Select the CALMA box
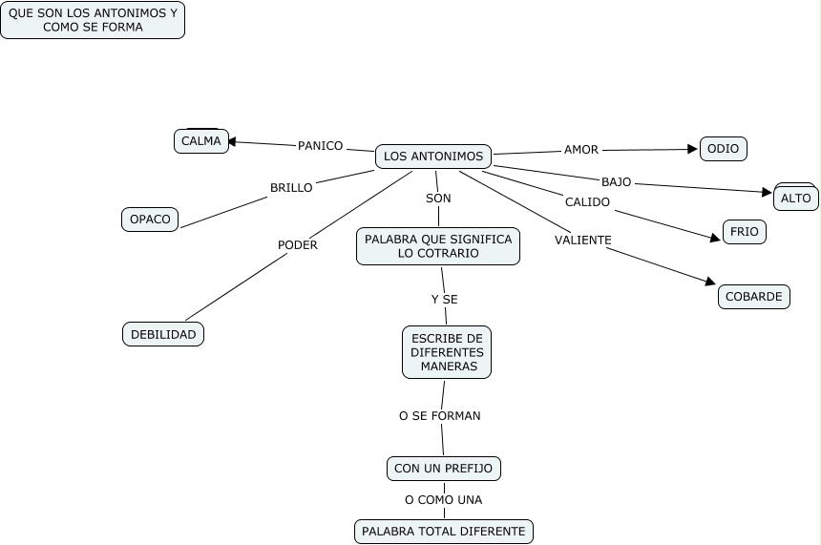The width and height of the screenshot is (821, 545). tap(200, 141)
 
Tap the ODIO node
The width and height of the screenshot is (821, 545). tap(724, 149)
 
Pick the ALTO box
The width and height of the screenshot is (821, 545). tap(795, 199)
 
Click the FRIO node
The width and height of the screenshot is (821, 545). tap(745, 232)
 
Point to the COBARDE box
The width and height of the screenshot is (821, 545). tap(753, 297)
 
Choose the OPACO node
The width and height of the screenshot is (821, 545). tap(150, 220)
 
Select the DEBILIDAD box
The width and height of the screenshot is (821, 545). tap(163, 334)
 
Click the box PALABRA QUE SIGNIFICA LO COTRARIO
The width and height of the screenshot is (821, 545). tap(438, 246)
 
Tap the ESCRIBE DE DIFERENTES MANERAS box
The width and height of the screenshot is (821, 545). tap(447, 352)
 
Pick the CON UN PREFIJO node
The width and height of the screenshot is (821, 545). tap(444, 469)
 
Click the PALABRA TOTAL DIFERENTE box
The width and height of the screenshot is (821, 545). tap(444, 531)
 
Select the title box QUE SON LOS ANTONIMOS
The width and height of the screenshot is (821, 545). tap(93, 20)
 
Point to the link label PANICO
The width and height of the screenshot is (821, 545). tap(320, 146)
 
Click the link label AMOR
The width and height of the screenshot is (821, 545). tap(581, 150)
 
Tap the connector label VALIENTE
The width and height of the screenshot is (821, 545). tap(582, 241)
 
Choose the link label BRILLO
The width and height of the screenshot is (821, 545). tap(291, 188)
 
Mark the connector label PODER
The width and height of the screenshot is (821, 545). tap(297, 245)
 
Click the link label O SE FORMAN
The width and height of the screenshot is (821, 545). tap(439, 416)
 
